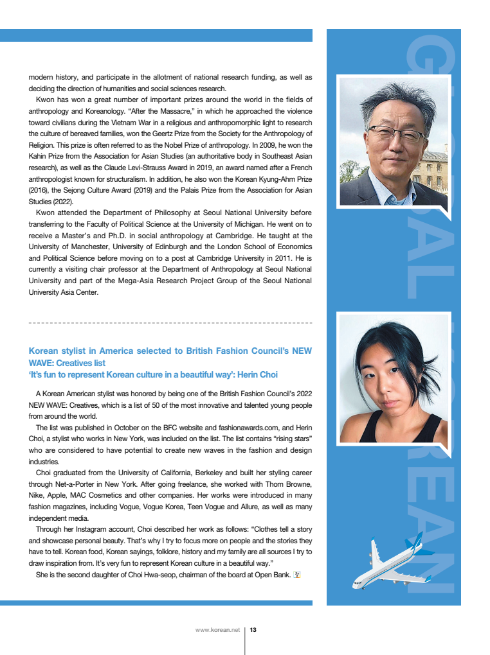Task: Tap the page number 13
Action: [x=253, y=630]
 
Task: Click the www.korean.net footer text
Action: [x=217, y=630]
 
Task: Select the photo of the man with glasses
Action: [x=393, y=142]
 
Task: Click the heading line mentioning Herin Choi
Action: [x=153, y=374]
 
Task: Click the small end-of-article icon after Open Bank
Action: [x=297, y=574]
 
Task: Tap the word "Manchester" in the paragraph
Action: [x=88, y=247]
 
